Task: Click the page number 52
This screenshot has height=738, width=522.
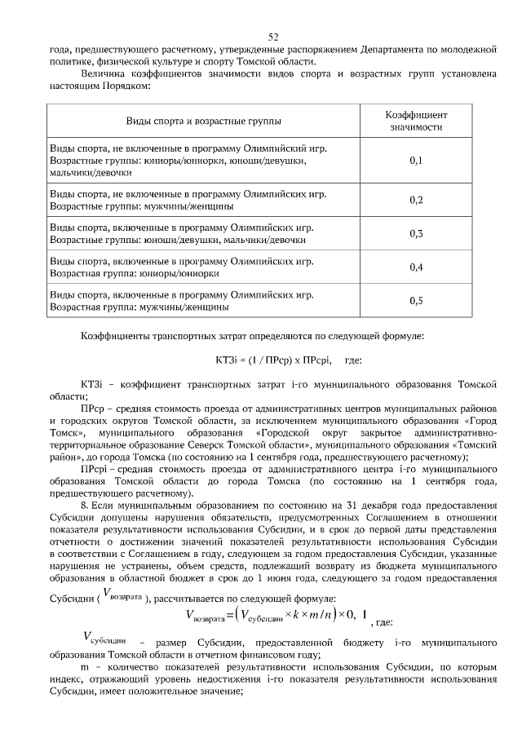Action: tap(273, 37)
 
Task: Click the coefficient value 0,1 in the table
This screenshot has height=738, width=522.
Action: tap(416, 161)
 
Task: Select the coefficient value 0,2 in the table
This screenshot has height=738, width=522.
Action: tap(416, 200)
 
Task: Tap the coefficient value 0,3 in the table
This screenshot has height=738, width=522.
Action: tap(416, 234)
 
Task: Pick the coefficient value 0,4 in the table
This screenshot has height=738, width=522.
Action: tap(416, 267)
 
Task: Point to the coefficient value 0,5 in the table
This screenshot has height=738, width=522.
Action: tap(416, 301)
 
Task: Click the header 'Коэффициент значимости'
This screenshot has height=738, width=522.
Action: tap(416, 121)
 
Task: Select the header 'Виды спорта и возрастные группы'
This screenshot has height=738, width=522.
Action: tap(203, 122)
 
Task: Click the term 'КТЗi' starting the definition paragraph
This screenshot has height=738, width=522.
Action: tap(91, 382)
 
